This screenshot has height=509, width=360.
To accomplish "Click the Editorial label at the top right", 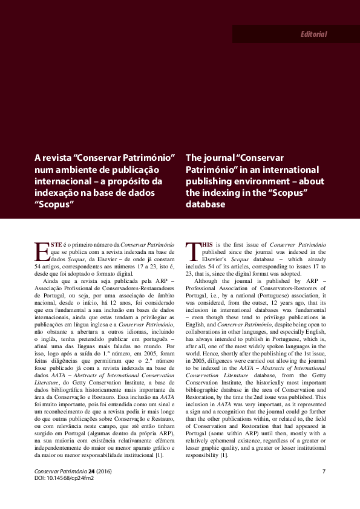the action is pos(313,34).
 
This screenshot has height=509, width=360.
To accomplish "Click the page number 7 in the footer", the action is pos(324,471).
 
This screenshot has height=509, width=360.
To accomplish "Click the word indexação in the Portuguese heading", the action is pos(60,192).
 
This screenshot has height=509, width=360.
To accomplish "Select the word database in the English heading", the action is pos(206,204).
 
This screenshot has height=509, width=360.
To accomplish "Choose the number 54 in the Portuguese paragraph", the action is pos(39,265).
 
